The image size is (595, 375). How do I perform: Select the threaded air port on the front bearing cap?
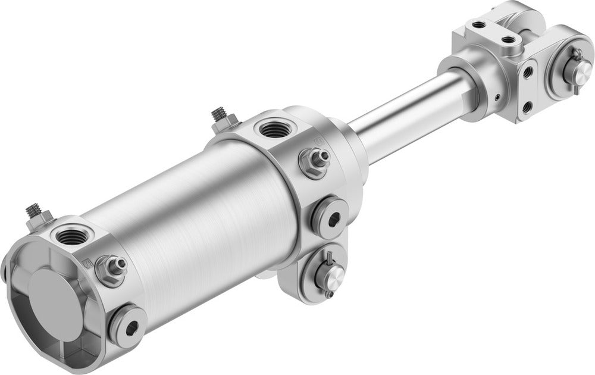coord(274,128)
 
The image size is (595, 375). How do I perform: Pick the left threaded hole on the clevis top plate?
coord(478,26)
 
